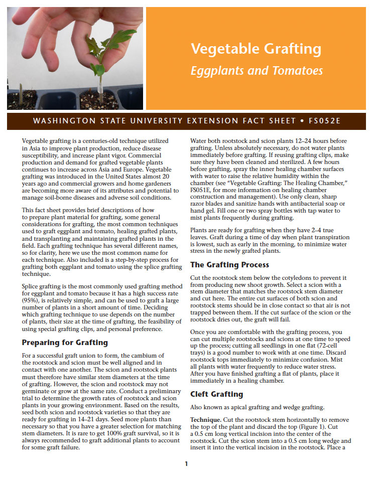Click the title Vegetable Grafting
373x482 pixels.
(256, 49)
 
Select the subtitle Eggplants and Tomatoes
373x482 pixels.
(257, 71)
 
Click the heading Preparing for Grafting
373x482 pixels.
(65, 343)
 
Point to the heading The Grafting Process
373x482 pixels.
(229, 264)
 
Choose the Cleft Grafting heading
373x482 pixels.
(217, 394)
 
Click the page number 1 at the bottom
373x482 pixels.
(186, 463)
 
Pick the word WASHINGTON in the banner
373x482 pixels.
(58, 121)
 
